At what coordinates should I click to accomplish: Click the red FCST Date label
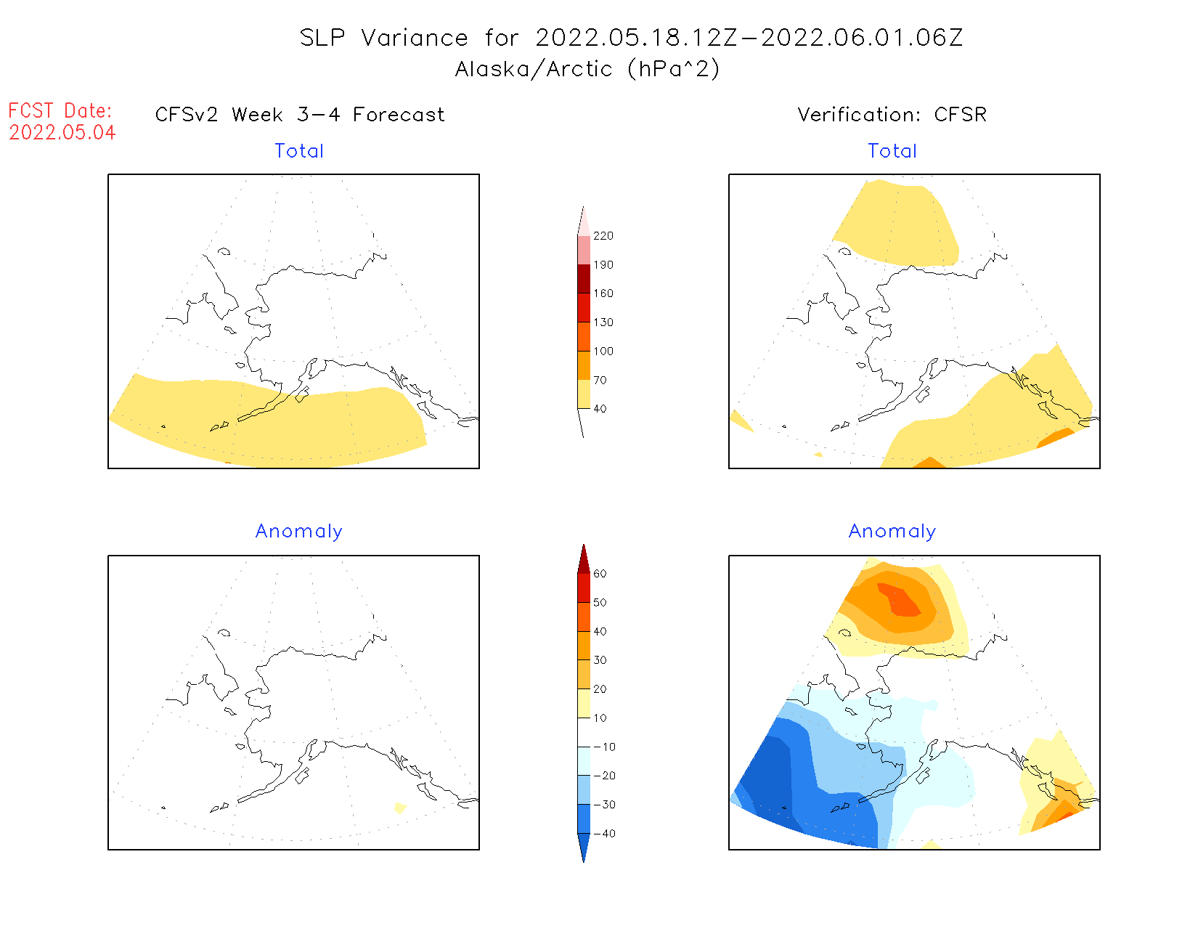point(60,111)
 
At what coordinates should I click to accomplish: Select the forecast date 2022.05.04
point(62,133)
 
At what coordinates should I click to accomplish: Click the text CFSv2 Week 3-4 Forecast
point(300,115)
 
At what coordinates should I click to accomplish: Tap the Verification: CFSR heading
point(892,115)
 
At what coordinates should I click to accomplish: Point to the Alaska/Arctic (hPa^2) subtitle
point(587,69)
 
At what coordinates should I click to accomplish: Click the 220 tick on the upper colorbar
point(603,236)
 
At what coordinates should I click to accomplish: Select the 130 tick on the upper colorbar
point(603,322)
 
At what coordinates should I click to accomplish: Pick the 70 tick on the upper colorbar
point(600,380)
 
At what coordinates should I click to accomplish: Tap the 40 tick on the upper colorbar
point(600,409)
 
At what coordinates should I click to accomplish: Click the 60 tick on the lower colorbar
point(600,574)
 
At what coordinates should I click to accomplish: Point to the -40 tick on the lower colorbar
point(604,834)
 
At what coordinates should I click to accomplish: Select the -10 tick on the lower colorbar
point(604,747)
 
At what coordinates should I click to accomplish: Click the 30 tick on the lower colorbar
point(600,660)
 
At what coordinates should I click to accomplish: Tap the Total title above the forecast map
point(299,151)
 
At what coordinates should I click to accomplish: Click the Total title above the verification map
point(892,151)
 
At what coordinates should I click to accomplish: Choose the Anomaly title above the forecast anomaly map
point(298,532)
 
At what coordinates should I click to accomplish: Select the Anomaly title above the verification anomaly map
point(892,532)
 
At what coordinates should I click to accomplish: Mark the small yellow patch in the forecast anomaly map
point(399,808)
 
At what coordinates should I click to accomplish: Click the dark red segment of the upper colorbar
point(584,279)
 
